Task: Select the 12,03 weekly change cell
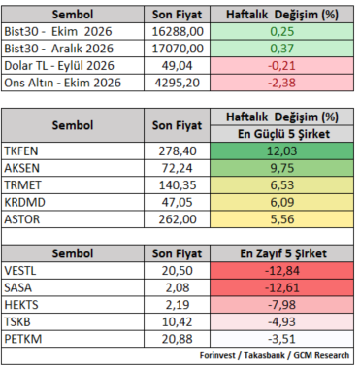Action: pyautogui.click(x=281, y=151)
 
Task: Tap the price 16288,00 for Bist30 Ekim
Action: pyautogui.click(x=178, y=32)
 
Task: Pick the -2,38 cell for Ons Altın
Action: pyautogui.click(x=281, y=83)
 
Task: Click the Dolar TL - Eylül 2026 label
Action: pyautogui.click(x=59, y=66)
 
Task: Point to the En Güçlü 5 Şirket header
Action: pyautogui.click(x=283, y=134)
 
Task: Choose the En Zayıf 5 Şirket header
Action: pyautogui.click(x=283, y=253)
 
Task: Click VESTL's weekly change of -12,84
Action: pyautogui.click(x=282, y=271)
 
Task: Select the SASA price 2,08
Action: pyautogui.click(x=178, y=287)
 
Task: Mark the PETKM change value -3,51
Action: pyautogui.click(x=281, y=339)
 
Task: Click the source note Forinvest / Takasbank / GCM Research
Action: pyautogui.click(x=275, y=355)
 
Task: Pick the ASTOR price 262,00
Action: pyautogui.click(x=178, y=219)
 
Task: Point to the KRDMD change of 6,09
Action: pyautogui.click(x=282, y=202)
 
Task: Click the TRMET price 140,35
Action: pyautogui.click(x=178, y=185)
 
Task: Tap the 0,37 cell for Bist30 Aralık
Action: pyautogui.click(x=281, y=49)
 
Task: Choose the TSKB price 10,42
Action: pyautogui.click(x=178, y=321)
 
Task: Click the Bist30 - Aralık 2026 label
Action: pyautogui.click(x=59, y=49)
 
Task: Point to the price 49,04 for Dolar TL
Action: pyautogui.click(x=178, y=66)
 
